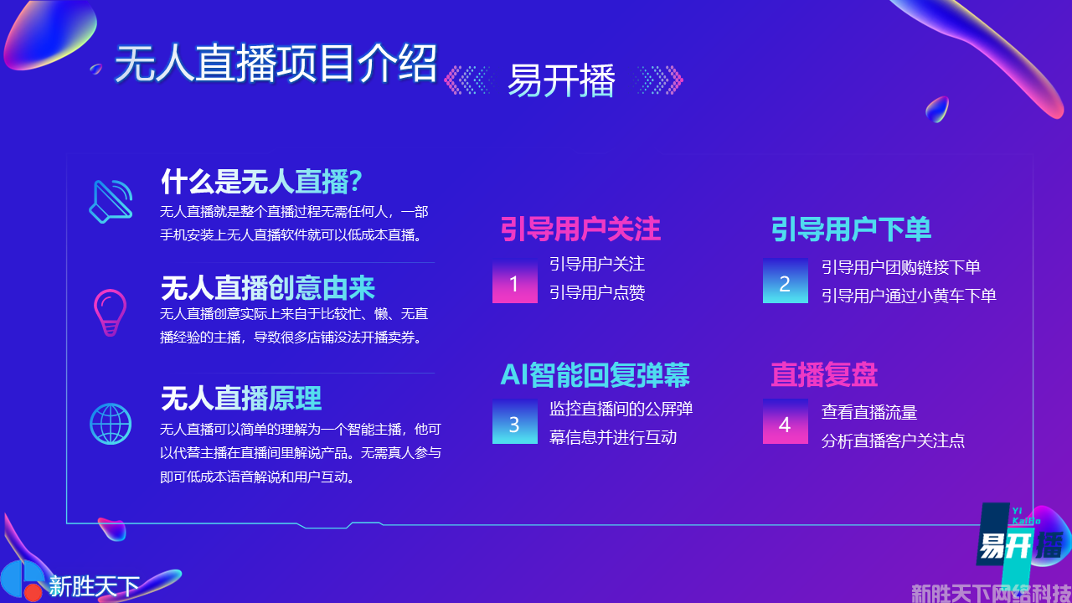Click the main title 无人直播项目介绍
(x=276, y=63)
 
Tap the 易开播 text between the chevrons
(x=561, y=80)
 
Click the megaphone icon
(x=111, y=202)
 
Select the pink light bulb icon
(x=110, y=312)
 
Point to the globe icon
(x=111, y=424)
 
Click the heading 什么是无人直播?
(x=261, y=182)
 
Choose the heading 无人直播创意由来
(x=268, y=287)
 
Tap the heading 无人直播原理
(x=241, y=398)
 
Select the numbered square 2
(x=786, y=281)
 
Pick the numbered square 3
(x=514, y=421)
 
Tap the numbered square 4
(x=786, y=421)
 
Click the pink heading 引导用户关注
(x=580, y=229)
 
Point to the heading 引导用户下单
(x=851, y=229)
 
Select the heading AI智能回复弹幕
(x=595, y=374)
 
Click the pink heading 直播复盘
(x=824, y=374)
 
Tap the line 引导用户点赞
(x=597, y=292)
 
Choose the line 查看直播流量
(x=869, y=412)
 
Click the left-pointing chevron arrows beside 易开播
(x=468, y=80)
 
